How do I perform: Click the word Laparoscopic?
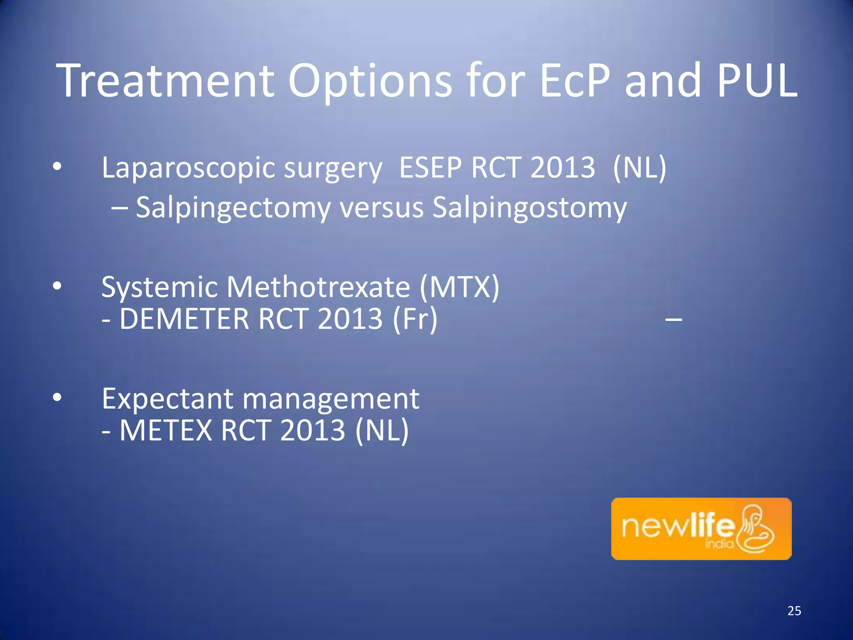coord(189,168)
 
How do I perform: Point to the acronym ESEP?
coord(431,167)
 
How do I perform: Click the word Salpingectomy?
coord(233,208)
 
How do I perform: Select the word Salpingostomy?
coord(529,208)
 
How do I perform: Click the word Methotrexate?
coord(319,287)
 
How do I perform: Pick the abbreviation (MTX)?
coord(459,287)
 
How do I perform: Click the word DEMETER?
coord(184,319)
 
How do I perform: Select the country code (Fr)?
coord(415,319)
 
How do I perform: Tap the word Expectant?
coord(167,399)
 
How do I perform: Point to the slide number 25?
coord(794,611)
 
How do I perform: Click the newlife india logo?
coord(701,529)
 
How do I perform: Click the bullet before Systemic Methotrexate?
coord(57,286)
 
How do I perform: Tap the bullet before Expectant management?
coord(57,397)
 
